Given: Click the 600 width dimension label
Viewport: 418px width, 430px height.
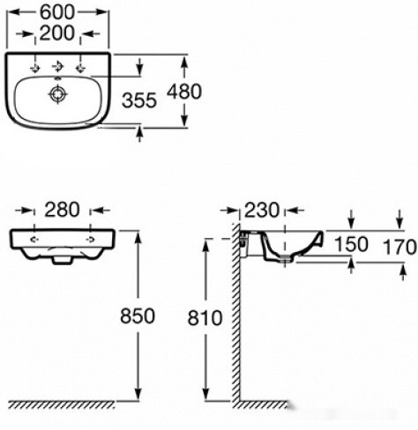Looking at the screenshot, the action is tap(57, 12).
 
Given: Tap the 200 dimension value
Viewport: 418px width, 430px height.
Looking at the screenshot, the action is tap(56, 33).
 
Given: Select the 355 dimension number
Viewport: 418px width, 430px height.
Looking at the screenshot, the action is tap(139, 100).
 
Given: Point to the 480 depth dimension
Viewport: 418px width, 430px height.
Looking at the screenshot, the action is tap(184, 92).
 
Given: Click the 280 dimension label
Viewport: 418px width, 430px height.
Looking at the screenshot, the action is tap(62, 210).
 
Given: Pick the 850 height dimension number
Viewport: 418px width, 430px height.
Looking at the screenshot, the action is tap(138, 316).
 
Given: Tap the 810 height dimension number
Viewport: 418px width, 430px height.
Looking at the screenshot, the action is tap(205, 318).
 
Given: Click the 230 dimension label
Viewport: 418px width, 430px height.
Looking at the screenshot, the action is tap(261, 211).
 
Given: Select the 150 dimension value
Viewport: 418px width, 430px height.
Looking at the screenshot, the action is tap(351, 244).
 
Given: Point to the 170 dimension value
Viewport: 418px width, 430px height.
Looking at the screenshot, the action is tap(399, 247).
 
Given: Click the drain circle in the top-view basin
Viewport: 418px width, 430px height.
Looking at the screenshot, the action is tap(57, 94).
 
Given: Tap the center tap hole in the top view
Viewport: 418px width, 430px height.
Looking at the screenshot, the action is tap(58, 67).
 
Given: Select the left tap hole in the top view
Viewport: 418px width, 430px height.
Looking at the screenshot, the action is tap(35, 68).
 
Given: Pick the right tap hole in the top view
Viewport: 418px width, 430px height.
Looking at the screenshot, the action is tap(80, 68).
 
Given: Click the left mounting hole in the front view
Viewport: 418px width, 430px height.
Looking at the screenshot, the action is tap(35, 240).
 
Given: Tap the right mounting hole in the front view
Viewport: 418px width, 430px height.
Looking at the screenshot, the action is tap(90, 240).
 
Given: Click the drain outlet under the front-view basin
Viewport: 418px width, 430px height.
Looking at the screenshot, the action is tap(62, 261).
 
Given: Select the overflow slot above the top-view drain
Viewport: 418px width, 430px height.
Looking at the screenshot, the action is tap(58, 78).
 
